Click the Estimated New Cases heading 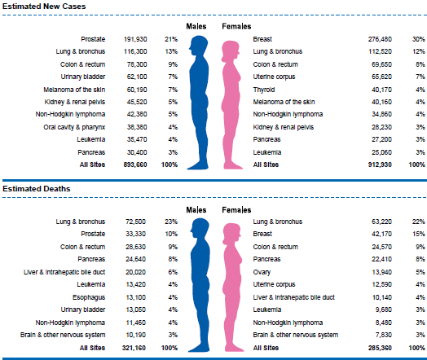tap(44, 7)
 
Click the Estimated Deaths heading tap(36, 189)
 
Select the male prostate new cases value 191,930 tap(135, 39)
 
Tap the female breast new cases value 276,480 tap(380, 39)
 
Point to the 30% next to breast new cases tap(419, 39)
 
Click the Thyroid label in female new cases tap(264, 90)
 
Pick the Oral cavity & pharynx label tap(74, 127)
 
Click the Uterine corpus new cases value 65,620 tap(381, 77)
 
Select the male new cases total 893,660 tap(135, 165)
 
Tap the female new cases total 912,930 tap(380, 165)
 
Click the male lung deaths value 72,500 tap(135, 222)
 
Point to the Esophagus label tap(89, 297)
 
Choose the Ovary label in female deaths tap(262, 272)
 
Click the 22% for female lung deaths tap(419, 222)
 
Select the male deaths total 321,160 tap(134, 348)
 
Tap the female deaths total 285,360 tap(380, 348)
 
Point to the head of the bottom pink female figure tap(231, 233)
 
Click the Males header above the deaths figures tap(196, 210)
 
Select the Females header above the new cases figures tap(236, 26)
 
